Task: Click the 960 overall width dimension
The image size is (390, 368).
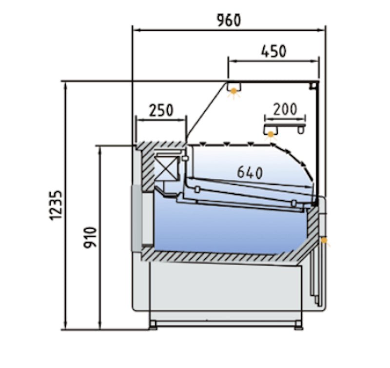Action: [x=229, y=20]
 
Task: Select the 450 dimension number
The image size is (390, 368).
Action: [x=273, y=51]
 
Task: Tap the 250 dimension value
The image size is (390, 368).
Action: [x=161, y=110]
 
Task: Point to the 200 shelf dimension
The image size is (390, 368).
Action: [x=285, y=109]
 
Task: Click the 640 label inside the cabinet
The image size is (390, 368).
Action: [x=250, y=172]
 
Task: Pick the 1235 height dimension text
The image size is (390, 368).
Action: [x=56, y=205]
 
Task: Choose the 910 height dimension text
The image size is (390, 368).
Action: [x=90, y=238]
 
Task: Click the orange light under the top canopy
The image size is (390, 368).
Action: [x=234, y=92]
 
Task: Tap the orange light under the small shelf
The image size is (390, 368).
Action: [x=271, y=135]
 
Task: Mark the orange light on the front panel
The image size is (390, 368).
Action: [x=324, y=241]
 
